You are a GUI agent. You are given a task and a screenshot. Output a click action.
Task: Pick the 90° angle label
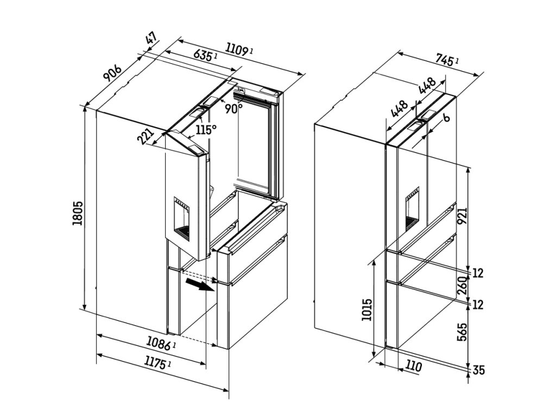pyautogui.click(x=233, y=108)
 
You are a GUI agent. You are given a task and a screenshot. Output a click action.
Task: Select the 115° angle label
pyautogui.click(x=206, y=130)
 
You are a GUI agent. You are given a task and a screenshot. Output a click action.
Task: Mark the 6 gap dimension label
pyautogui.click(x=445, y=118)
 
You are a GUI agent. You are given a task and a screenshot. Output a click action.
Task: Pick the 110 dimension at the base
pyautogui.click(x=413, y=367)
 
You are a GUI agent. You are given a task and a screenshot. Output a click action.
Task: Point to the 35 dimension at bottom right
pyautogui.click(x=478, y=371)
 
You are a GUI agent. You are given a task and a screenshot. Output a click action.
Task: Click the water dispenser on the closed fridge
pyautogui.click(x=413, y=208)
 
